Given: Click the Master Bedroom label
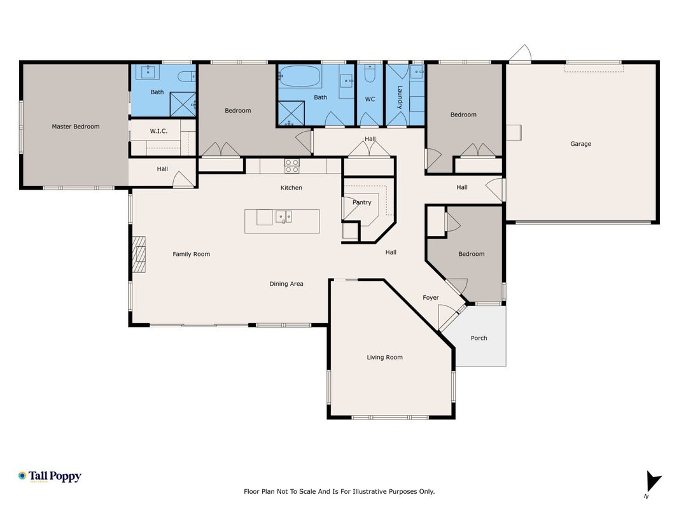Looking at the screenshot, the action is (x=76, y=127).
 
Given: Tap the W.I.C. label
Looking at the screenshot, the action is (x=158, y=130).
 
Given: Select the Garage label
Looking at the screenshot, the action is (x=581, y=144).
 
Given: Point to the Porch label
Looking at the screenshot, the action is (x=479, y=338).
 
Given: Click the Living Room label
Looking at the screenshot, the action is (x=384, y=357).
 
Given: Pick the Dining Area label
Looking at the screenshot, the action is (x=286, y=284).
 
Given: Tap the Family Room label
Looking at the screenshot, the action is (x=192, y=254).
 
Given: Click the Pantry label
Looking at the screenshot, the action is (x=362, y=202).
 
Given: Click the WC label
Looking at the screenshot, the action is (x=370, y=99).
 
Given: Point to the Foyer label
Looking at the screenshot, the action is (x=431, y=297).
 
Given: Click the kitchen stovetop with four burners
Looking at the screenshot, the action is (x=292, y=166).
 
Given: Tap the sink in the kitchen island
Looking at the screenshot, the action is (x=284, y=216).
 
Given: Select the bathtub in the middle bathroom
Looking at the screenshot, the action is (x=300, y=76).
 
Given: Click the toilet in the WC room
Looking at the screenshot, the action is (x=370, y=74).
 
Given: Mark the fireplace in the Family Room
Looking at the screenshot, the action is (x=139, y=254).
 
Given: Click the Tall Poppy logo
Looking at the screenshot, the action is (x=50, y=477).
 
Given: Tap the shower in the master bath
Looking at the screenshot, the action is (x=183, y=104).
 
